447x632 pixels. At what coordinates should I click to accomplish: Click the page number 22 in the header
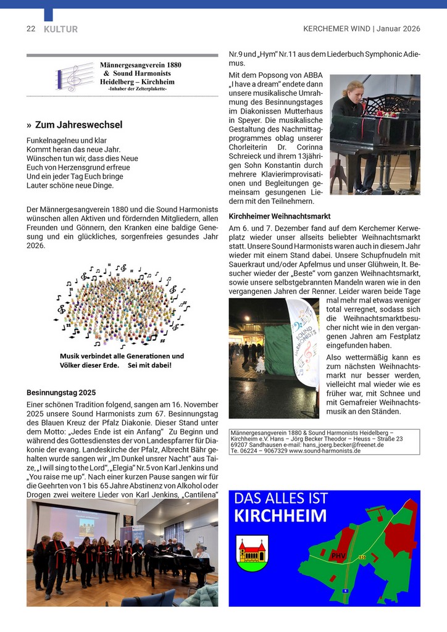point(31,29)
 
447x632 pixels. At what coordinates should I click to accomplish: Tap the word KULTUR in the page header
point(61,29)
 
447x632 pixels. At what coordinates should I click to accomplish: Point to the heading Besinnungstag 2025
point(61,393)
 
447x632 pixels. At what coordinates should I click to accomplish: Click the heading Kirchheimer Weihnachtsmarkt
point(279,217)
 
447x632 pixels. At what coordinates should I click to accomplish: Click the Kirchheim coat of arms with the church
point(253,552)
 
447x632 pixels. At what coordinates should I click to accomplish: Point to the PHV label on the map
point(338,555)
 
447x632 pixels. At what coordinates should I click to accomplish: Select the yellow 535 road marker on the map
point(362,557)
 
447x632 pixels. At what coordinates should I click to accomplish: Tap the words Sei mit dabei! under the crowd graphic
point(149,365)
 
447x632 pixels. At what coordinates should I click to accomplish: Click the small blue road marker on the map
point(346,590)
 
